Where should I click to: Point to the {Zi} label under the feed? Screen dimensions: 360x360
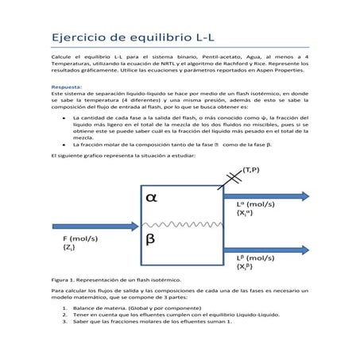[69, 247]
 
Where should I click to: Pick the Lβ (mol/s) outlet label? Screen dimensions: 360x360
[256, 258]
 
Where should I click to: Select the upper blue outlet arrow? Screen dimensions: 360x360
[265, 195]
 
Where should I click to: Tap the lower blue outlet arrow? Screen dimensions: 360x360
[265, 248]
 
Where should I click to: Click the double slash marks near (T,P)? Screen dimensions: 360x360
[234, 177]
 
